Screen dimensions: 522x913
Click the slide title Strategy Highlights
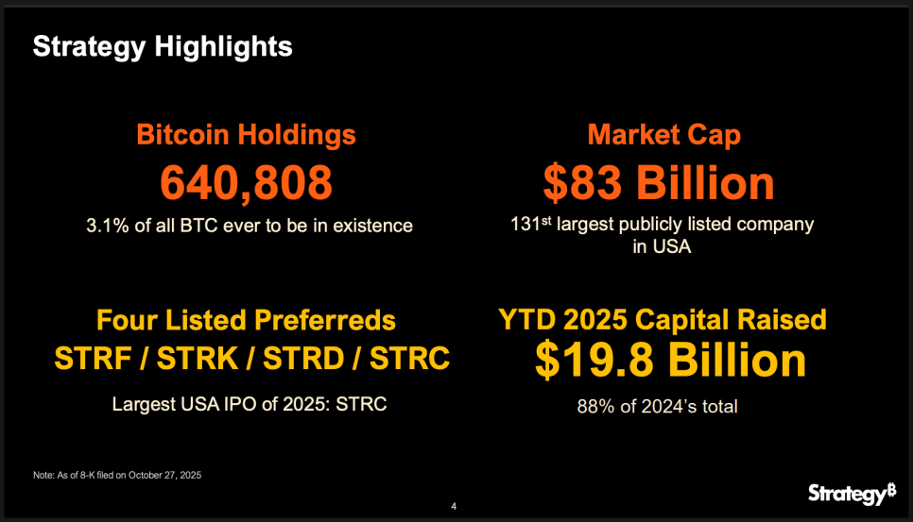163,45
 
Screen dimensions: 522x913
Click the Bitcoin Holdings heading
247,134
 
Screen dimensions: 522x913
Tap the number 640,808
246,182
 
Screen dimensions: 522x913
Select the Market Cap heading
663,134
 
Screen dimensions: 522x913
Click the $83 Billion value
659,182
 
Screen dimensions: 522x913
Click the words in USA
662,247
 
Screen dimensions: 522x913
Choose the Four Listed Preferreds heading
246,320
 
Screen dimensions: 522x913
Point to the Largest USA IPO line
250,404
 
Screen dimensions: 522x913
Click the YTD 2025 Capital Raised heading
663,320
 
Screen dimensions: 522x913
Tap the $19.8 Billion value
671,361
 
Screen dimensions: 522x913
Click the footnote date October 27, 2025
164,476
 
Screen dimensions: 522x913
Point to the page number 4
455,507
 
